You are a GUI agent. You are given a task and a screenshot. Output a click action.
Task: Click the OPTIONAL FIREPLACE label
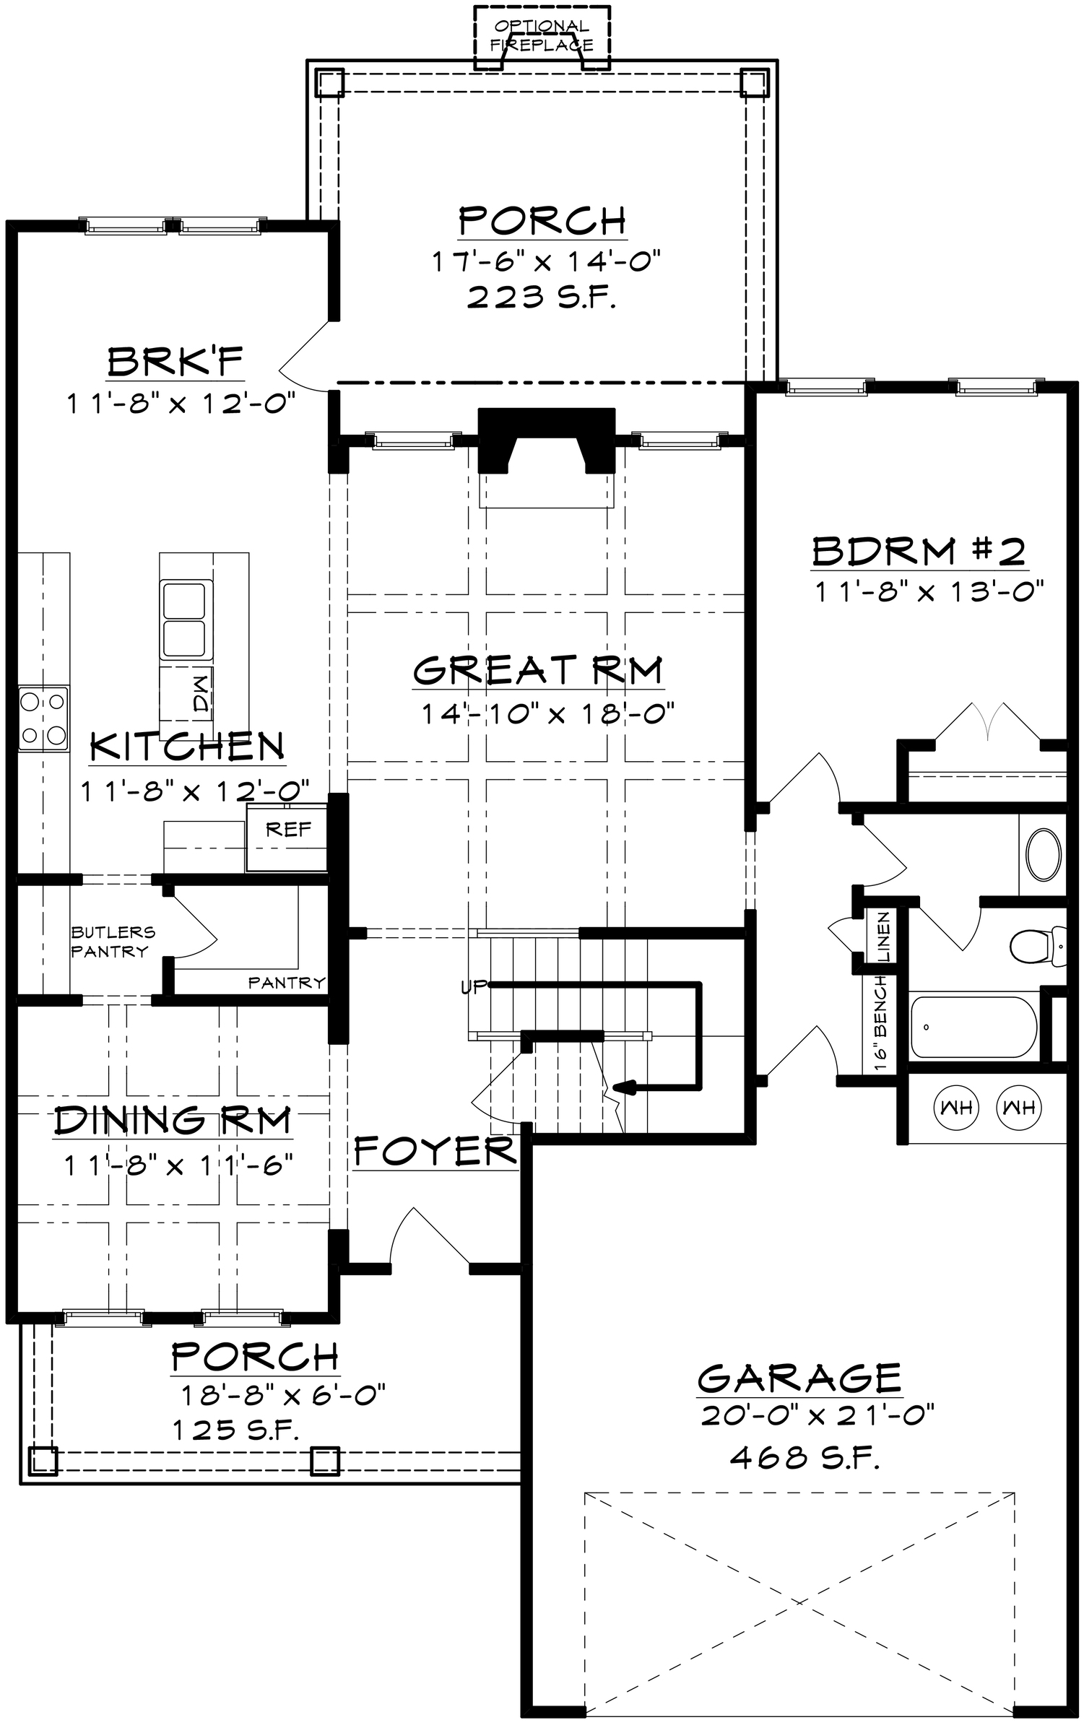(542, 36)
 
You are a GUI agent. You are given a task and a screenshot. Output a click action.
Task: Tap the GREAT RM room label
(538, 669)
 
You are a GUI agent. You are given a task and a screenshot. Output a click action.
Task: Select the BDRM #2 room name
(919, 552)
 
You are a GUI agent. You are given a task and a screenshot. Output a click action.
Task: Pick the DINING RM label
(173, 1120)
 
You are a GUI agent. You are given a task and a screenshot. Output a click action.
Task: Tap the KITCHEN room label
(187, 747)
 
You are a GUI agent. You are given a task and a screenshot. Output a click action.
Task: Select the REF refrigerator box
(287, 837)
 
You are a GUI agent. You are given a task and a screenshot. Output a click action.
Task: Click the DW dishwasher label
(200, 693)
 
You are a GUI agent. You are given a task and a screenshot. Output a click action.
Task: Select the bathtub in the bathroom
(974, 1027)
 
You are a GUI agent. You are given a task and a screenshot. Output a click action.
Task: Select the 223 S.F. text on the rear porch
(542, 297)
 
